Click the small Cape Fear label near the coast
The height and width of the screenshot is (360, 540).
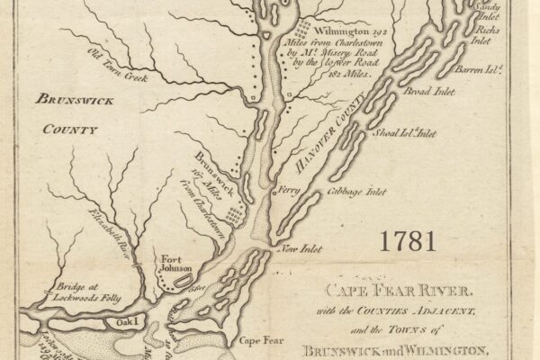coord(255,341)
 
